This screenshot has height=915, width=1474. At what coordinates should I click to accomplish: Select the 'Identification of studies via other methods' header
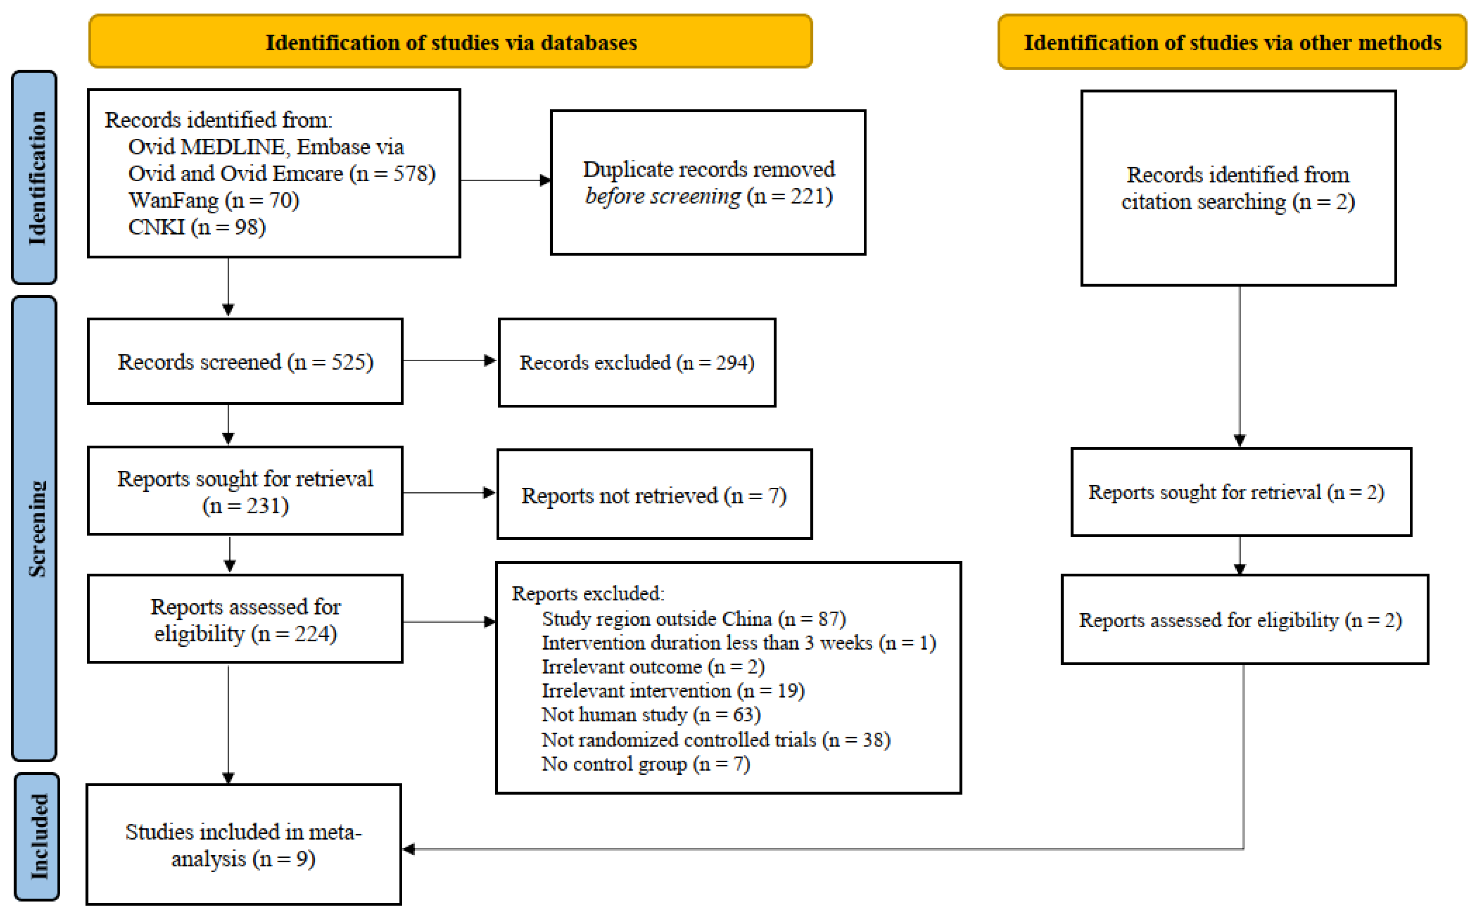1231,42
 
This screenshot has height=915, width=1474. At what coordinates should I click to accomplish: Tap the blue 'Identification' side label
35,177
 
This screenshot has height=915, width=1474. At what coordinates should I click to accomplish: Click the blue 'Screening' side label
35,528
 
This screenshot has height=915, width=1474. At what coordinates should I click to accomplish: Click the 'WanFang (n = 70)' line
213,200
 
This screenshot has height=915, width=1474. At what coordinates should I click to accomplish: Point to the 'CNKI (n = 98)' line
197,227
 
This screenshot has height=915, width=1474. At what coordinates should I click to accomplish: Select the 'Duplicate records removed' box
708,182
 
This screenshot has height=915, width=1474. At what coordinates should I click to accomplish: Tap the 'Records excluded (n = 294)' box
637,362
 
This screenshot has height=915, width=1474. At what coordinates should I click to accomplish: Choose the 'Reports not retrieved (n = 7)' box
654,495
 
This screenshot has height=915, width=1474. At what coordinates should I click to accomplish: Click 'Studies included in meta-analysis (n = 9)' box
244,845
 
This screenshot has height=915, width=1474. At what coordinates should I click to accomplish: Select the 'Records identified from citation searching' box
1238,188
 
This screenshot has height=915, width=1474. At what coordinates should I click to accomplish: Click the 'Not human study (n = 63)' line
651,715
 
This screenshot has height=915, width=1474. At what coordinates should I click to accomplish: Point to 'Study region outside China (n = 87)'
693,619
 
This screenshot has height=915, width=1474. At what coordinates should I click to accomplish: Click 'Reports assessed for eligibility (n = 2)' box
1244,620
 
